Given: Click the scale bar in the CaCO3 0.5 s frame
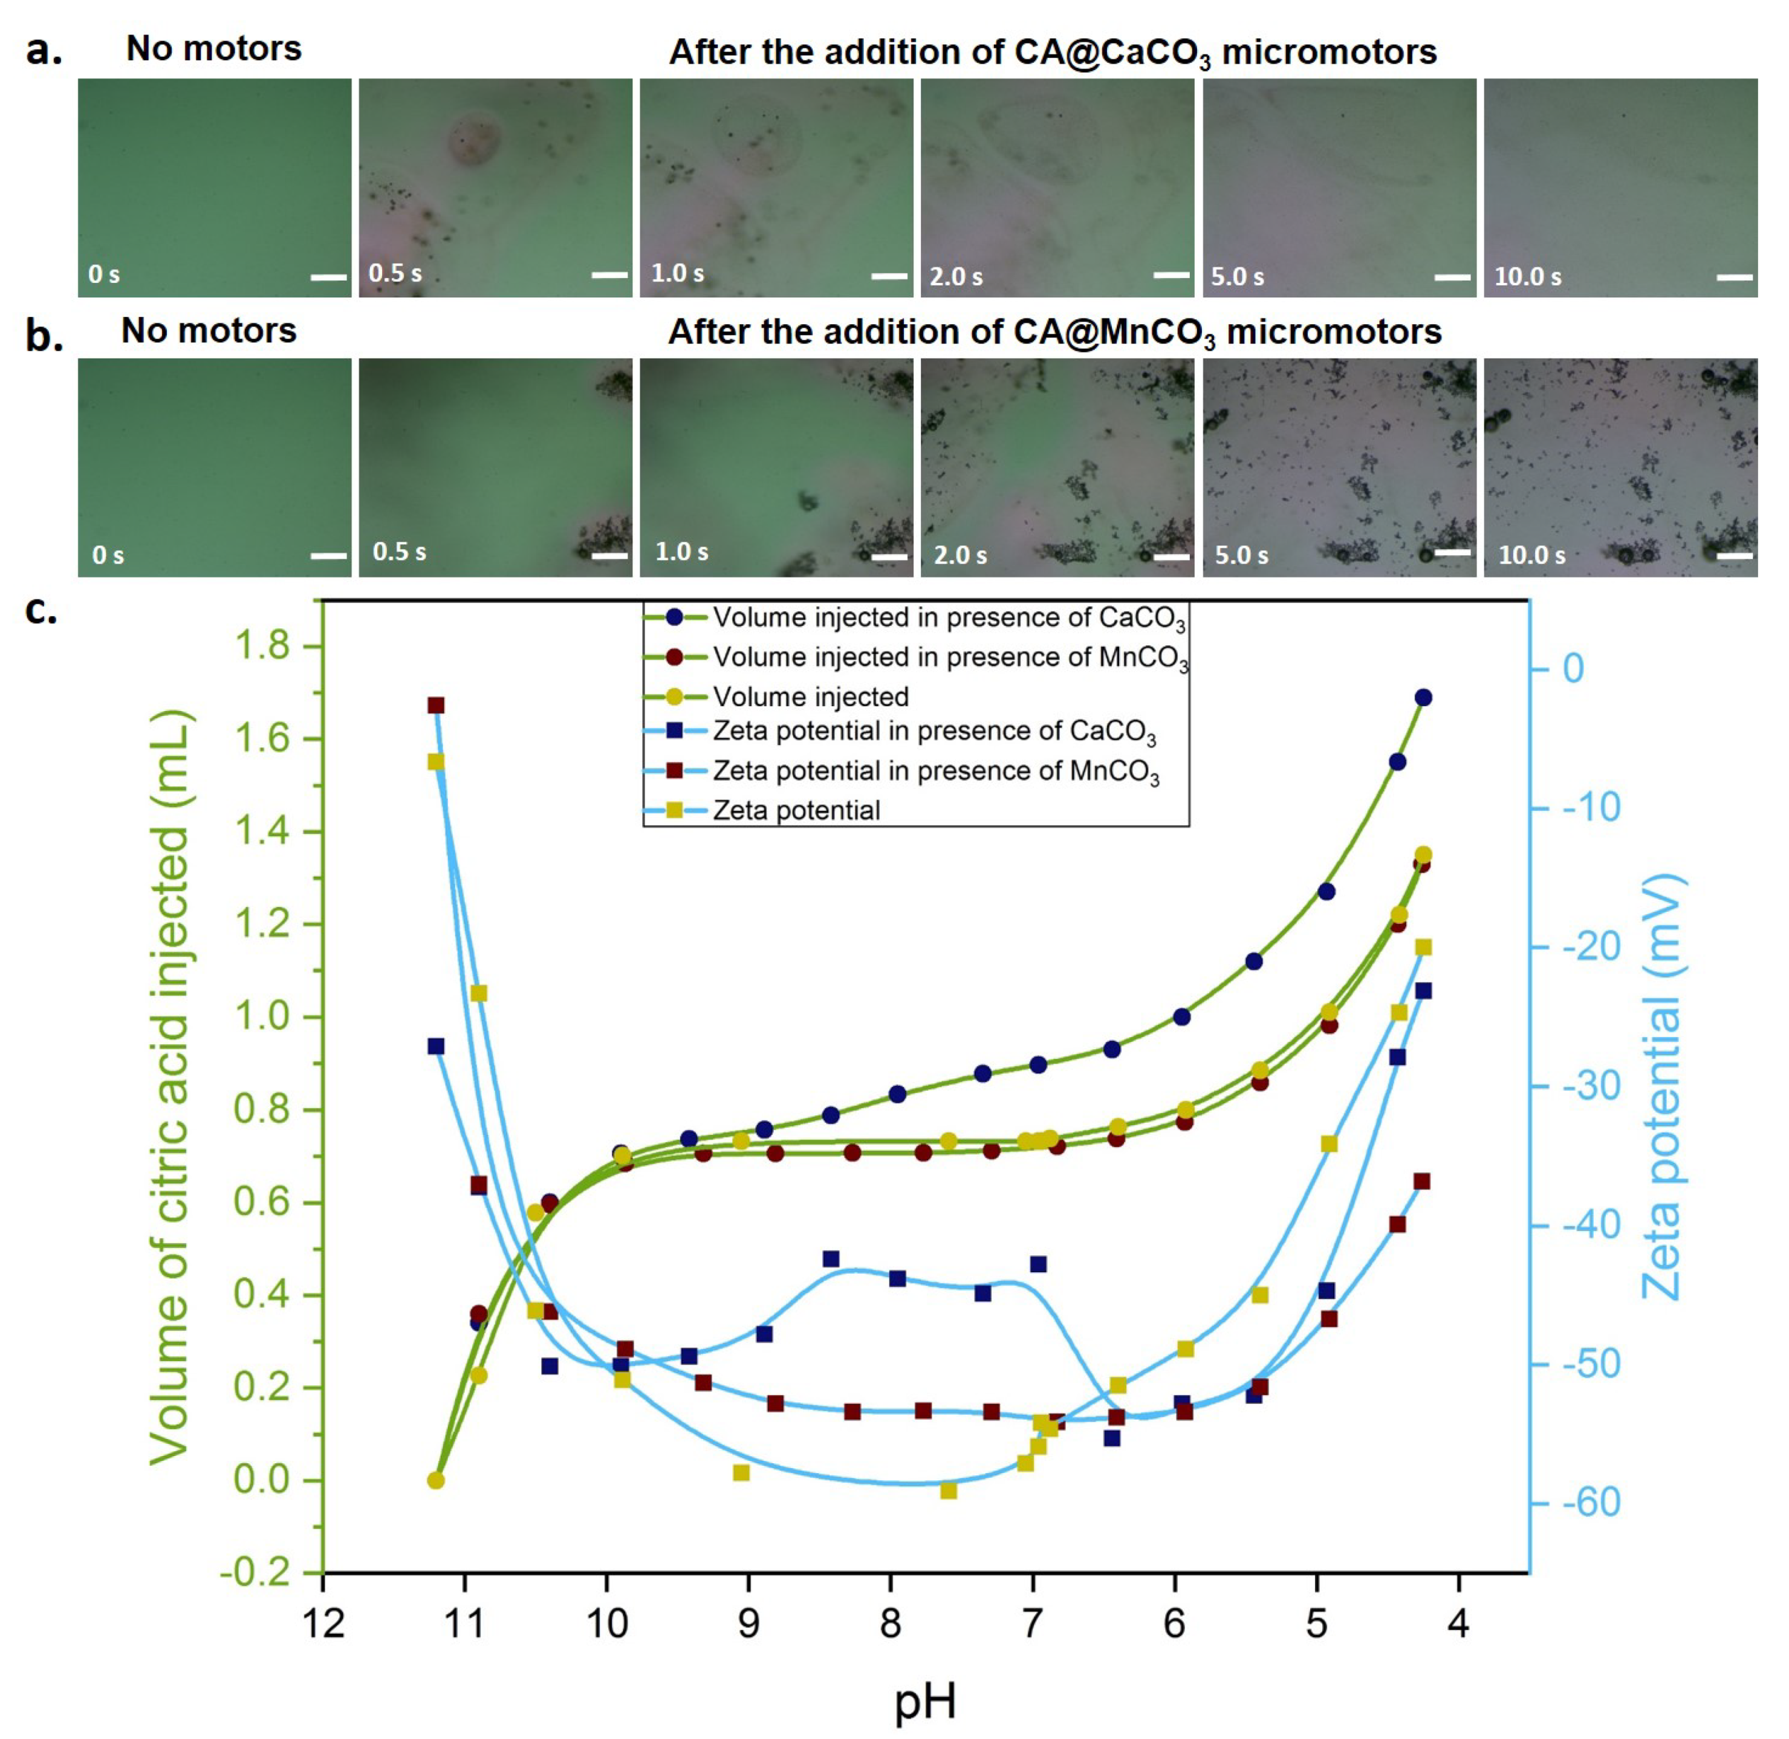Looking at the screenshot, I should point(609,274).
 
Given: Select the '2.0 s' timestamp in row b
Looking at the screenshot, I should point(959,554).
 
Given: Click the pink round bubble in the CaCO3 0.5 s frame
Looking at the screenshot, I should point(474,138).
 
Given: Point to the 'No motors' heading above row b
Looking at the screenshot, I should point(209,331).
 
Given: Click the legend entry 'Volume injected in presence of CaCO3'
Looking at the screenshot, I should point(948,619).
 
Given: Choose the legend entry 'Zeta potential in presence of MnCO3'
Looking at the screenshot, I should point(935,771).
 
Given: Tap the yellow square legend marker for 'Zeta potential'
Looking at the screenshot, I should point(675,810).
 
